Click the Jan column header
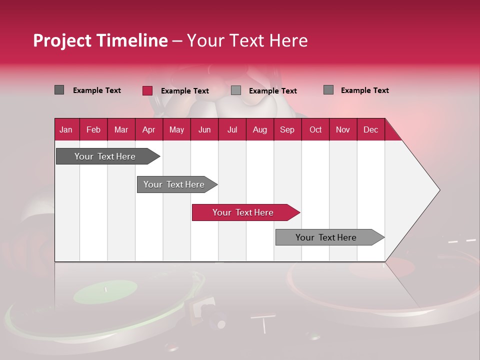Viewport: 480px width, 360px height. pyautogui.click(x=66, y=129)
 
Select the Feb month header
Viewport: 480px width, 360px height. pyautogui.click(x=93, y=129)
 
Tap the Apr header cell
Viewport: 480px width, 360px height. pyautogui.click(x=149, y=129)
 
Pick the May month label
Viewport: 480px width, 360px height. pyautogui.click(x=176, y=129)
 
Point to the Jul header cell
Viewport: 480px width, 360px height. pyautogui.click(x=232, y=129)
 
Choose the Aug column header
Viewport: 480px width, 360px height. pyautogui.click(x=260, y=129)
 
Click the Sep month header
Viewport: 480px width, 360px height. pyautogui.click(x=287, y=129)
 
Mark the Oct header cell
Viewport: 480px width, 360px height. pyautogui.click(x=315, y=129)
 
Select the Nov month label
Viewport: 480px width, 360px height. pyautogui.click(x=343, y=129)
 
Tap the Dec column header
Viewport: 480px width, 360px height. pyautogui.click(x=370, y=129)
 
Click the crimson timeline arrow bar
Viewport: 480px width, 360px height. pyautogui.click(x=243, y=212)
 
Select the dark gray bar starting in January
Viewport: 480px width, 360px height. pyautogui.click(x=105, y=156)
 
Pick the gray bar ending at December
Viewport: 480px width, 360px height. pyautogui.click(x=326, y=237)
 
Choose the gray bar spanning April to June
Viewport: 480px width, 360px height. pyautogui.click(x=174, y=184)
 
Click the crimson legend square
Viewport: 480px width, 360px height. pyautogui.click(x=147, y=90)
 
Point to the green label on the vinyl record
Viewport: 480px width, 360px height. pyautogui.click(x=105, y=291)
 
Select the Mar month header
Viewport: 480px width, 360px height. pyautogui.click(x=121, y=129)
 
